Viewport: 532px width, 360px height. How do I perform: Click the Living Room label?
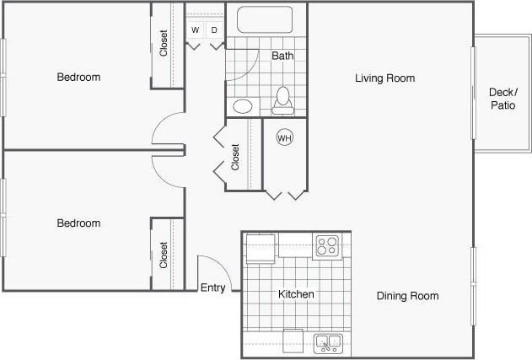tap(384, 78)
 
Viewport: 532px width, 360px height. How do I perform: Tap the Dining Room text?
tap(407, 296)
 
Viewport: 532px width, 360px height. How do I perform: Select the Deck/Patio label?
tap(502, 99)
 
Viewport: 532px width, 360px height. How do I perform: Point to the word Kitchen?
tap(296, 294)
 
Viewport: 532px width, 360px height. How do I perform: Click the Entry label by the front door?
tap(212, 287)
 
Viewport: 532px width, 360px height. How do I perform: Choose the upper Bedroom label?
tap(78, 78)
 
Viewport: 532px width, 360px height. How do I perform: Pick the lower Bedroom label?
tap(78, 223)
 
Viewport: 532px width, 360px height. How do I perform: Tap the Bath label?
tap(282, 56)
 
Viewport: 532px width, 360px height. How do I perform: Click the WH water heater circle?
tap(284, 137)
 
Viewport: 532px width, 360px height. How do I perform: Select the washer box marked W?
tap(196, 30)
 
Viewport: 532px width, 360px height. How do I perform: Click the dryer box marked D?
tap(214, 30)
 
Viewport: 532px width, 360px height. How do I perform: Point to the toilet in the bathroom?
tap(283, 99)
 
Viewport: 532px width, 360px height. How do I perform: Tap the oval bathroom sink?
tap(243, 106)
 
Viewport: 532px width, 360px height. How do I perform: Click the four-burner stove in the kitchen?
tap(328, 246)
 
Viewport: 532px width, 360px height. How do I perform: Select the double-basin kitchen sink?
tap(327, 343)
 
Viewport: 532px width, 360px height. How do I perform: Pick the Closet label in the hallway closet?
tap(236, 156)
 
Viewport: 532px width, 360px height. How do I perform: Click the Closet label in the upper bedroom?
tap(164, 44)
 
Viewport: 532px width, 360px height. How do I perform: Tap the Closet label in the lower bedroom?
tap(164, 255)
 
